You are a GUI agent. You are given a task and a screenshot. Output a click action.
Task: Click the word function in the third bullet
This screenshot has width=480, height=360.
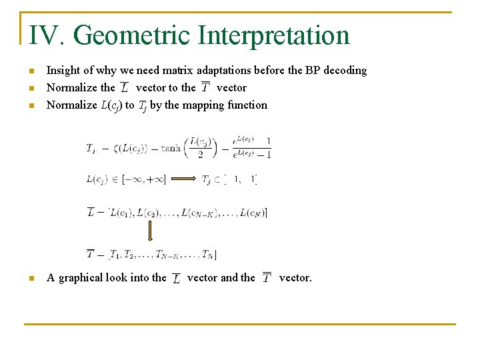(x=247, y=105)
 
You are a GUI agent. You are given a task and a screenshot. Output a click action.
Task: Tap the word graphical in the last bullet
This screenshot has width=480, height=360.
(x=82, y=277)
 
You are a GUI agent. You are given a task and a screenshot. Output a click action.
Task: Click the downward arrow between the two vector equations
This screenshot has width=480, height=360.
(x=150, y=231)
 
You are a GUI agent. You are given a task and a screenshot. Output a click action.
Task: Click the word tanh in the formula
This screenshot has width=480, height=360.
(x=171, y=148)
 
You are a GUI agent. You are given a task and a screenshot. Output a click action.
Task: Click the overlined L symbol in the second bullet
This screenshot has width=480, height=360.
(x=125, y=88)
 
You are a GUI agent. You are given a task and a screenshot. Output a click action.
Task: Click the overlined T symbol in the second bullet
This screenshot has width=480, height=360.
(x=205, y=88)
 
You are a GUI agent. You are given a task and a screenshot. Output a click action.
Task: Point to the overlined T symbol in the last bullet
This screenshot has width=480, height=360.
(x=267, y=277)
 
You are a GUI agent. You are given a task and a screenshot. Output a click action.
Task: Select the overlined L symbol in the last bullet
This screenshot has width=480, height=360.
(x=176, y=278)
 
